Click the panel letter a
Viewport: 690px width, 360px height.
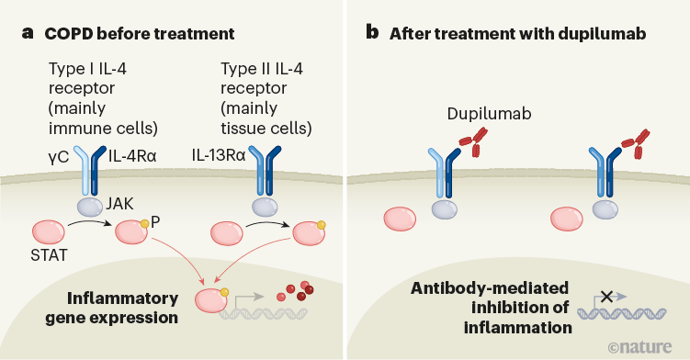[x=28, y=34]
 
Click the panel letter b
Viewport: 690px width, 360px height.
[x=372, y=34]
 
